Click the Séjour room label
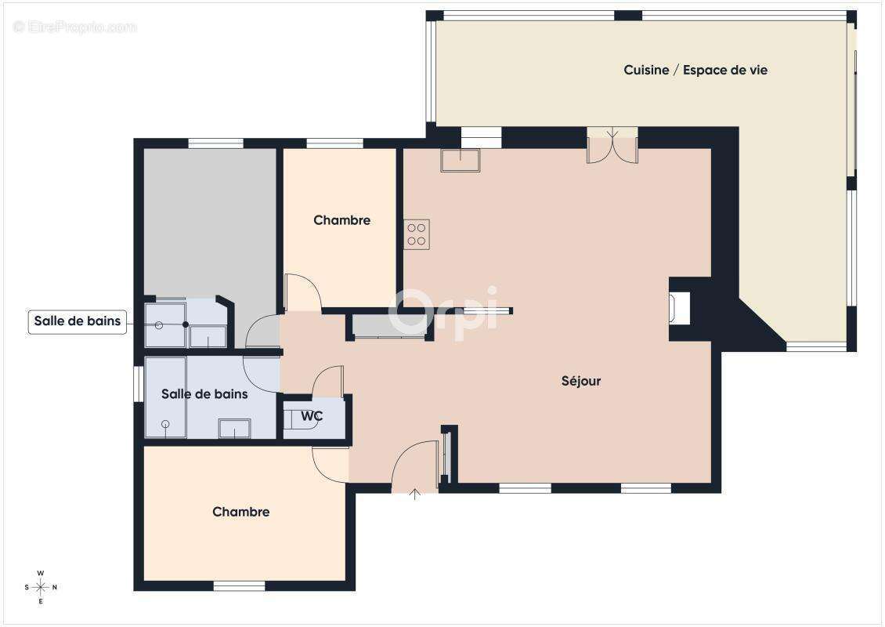pyautogui.click(x=581, y=381)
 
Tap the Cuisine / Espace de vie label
pyautogui.click(x=695, y=70)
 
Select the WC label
pyautogui.click(x=312, y=416)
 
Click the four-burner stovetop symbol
pyautogui.click(x=417, y=234)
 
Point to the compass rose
pyautogui.click(x=41, y=588)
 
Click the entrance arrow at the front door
pyautogui.click(x=415, y=495)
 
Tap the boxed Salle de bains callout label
pyautogui.click(x=78, y=321)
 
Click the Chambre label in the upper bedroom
pyautogui.click(x=342, y=220)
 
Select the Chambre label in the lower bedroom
pyautogui.click(x=241, y=512)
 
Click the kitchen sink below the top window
pyautogui.click(x=460, y=160)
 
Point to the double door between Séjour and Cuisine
pyautogui.click(x=612, y=146)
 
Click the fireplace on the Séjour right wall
pyautogui.click(x=680, y=309)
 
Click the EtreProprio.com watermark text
pyautogui.click(x=75, y=27)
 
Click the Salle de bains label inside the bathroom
pyautogui.click(x=204, y=393)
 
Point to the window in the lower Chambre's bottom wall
pyautogui.click(x=240, y=586)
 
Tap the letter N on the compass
pyautogui.click(x=55, y=588)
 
